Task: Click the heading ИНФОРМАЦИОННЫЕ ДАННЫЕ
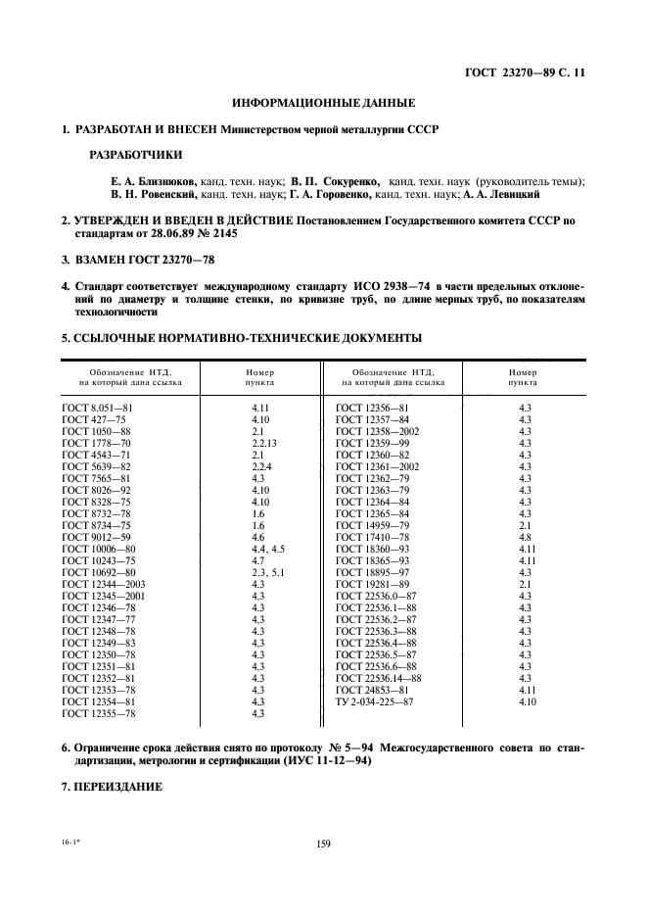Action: point(323,103)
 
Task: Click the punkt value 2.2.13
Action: point(264,442)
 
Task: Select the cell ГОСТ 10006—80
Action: point(98,549)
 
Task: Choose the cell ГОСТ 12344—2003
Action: point(103,584)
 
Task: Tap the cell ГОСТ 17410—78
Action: point(372,537)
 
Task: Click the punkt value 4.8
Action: point(525,537)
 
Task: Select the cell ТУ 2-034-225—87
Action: point(375,702)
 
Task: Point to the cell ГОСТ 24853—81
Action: point(372,691)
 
